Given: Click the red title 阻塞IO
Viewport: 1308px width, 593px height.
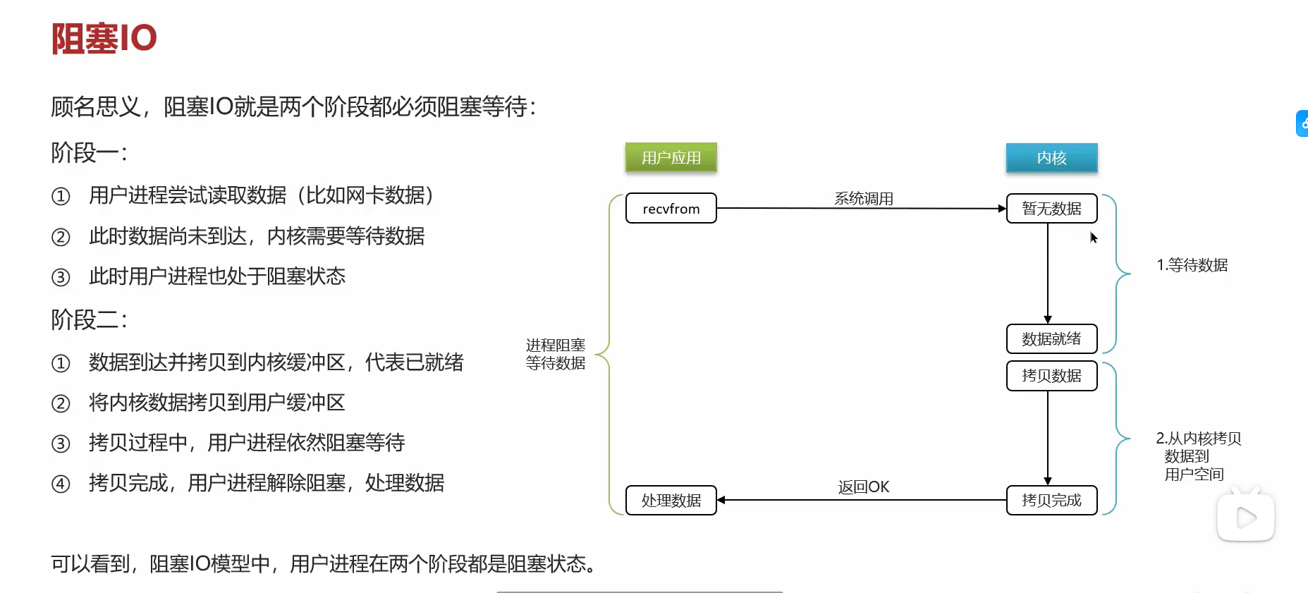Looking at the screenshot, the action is click(104, 38).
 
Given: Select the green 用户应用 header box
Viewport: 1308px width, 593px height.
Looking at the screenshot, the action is click(671, 158).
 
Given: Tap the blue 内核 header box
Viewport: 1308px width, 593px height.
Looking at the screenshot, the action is click(1051, 158).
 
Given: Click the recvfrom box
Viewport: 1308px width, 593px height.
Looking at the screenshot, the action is click(671, 209).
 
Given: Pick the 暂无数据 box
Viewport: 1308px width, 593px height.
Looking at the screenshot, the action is click(1051, 209).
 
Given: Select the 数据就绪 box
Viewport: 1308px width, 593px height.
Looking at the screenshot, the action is click(1051, 339).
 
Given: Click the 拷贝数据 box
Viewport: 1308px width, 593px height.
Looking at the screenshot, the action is click(1051, 376).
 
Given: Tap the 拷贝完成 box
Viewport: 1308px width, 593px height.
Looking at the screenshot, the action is click(1051, 501).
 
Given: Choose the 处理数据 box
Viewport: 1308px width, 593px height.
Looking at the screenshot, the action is click(671, 501).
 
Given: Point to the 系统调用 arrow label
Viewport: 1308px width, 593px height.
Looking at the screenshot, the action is click(863, 199).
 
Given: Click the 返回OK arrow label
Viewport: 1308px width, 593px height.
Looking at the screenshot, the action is click(863, 487).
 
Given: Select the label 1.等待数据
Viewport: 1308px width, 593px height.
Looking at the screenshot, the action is click(1192, 265).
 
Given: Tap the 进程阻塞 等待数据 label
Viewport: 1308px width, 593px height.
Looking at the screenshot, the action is click(556, 354).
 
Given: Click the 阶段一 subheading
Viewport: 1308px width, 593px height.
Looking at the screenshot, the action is click(89, 152).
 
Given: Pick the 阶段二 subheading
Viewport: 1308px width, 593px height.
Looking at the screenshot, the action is click(89, 319).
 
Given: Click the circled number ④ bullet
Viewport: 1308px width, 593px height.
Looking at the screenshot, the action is click(61, 484).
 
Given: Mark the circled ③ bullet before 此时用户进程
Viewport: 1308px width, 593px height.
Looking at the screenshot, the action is click(61, 277).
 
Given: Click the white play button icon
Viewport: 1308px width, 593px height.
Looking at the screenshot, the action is click(1246, 518).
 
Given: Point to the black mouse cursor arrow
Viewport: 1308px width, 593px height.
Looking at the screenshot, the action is click(1093, 238).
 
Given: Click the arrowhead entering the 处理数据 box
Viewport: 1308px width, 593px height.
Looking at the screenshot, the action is click(721, 501).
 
